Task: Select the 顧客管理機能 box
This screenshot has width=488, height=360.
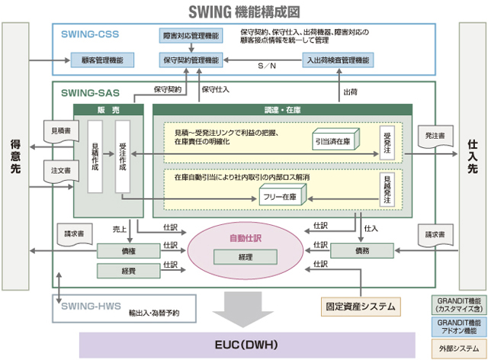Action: (x=102, y=59)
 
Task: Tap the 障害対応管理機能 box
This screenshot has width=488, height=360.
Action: (x=191, y=36)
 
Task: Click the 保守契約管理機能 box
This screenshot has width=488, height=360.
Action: (x=191, y=59)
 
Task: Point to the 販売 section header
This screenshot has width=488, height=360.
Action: (x=108, y=110)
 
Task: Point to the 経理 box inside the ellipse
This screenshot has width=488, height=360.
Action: (x=245, y=258)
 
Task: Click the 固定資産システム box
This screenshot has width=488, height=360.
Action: (x=361, y=307)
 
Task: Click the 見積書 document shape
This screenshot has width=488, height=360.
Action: (x=59, y=130)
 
